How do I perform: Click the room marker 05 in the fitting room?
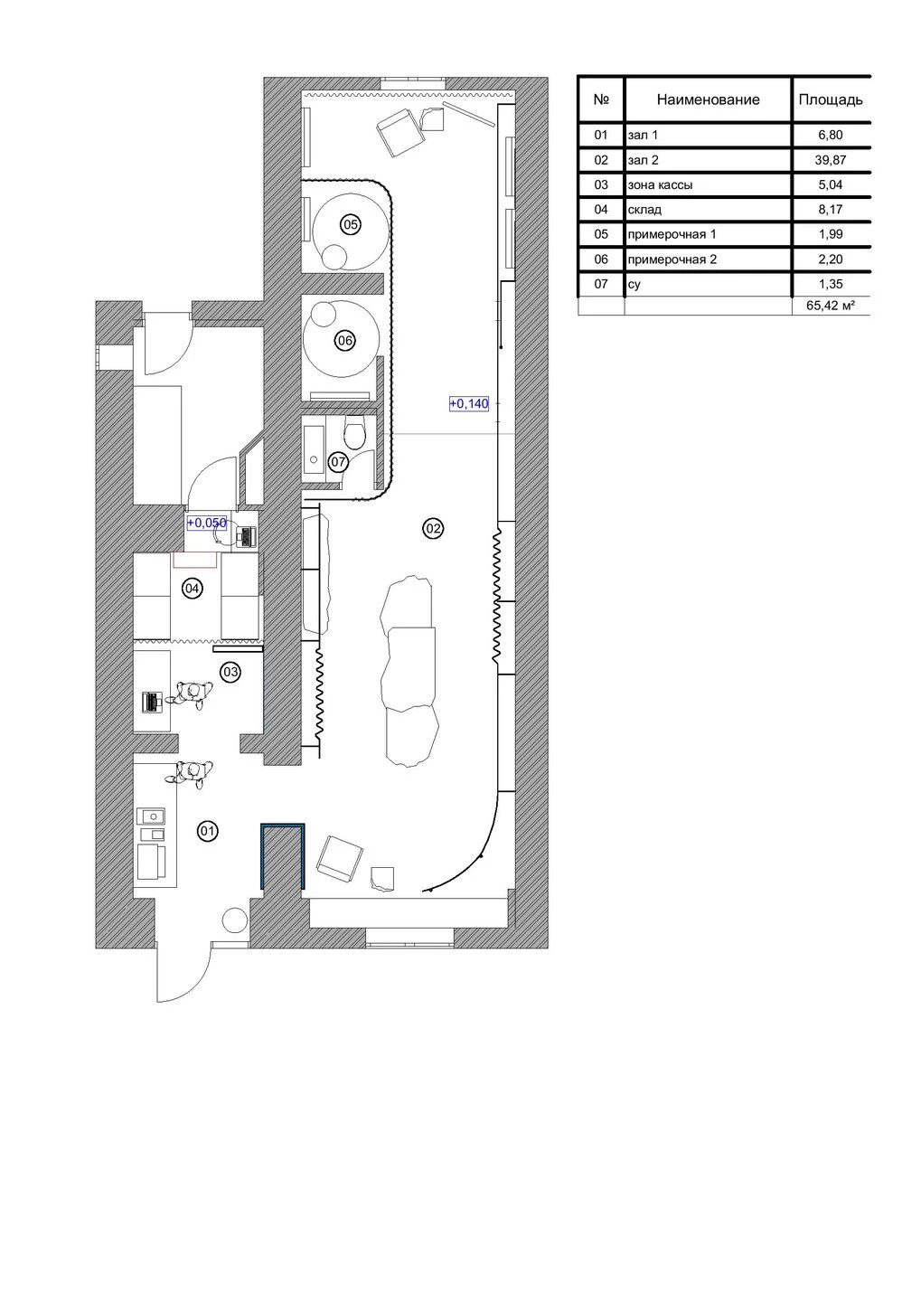[351, 224]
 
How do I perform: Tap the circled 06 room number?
[344, 341]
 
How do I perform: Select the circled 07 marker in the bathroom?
[338, 462]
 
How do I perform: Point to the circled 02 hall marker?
[433, 528]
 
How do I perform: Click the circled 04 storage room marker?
[192, 589]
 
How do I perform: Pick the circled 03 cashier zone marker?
[230, 672]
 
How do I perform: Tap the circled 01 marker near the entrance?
[208, 831]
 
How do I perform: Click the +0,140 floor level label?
[469, 404]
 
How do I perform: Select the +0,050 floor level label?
[206, 523]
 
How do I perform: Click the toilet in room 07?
[355, 433]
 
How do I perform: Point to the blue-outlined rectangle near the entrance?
[282, 855]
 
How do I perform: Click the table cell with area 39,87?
[830, 160]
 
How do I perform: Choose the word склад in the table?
[644, 210]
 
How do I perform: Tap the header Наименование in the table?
[708, 99]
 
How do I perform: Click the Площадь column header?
[830, 99]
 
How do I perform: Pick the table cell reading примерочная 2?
[672, 259]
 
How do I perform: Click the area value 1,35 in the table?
[830, 284]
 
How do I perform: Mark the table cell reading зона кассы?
[660, 184]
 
